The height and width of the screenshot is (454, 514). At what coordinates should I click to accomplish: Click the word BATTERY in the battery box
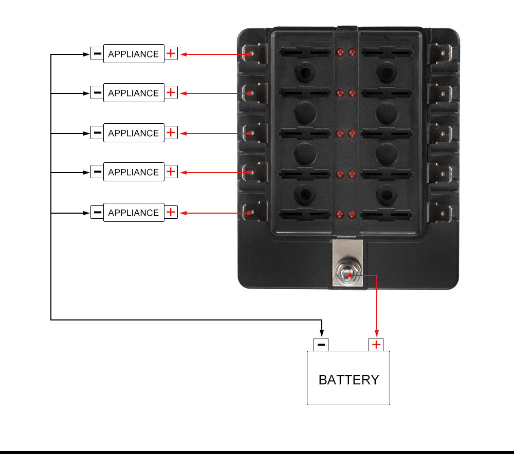[x=348, y=380]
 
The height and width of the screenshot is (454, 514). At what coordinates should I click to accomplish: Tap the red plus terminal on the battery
[x=376, y=344]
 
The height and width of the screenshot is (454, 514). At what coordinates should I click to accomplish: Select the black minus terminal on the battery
[x=321, y=344]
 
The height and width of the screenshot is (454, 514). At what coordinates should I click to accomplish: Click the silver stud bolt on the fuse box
[x=349, y=274]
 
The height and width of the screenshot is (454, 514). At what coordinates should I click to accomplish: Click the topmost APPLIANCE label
[x=134, y=54]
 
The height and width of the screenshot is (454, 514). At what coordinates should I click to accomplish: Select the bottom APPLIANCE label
[x=134, y=213]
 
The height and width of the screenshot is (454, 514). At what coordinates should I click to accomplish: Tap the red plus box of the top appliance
[x=171, y=53]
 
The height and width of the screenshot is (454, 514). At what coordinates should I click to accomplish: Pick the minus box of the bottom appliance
[x=97, y=212]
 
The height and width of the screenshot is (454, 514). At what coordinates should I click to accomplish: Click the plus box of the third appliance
[x=171, y=133]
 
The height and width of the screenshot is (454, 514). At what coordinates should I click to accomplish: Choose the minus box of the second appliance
[x=97, y=93]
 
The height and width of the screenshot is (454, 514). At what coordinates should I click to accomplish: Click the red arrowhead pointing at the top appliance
[x=183, y=53]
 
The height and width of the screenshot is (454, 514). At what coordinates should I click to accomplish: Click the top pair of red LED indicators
[x=345, y=52]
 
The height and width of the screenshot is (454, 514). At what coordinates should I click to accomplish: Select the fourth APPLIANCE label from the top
[x=134, y=172]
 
